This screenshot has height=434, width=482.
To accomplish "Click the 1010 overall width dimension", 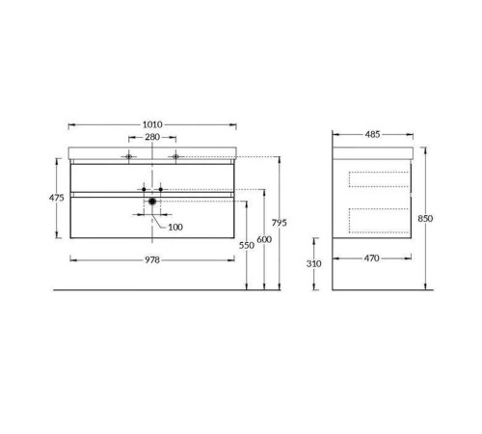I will coord(152,124).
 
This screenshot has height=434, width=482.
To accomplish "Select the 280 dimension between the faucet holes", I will coord(152,137).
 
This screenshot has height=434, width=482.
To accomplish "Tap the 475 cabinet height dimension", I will coord(57,198).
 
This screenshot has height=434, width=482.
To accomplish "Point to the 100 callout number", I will coord(175,227).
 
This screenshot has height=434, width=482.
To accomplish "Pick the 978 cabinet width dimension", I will coord(152,259).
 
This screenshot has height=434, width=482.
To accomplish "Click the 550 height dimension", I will coord(247,245).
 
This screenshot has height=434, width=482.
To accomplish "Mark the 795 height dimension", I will coord(279,223).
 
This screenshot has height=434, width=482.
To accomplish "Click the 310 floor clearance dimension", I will coord(314,262).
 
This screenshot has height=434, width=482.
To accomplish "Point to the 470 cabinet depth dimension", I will coord(372,259).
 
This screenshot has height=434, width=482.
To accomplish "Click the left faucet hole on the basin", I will coord(128,155).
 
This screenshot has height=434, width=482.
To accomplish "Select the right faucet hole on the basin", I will coord(175,155).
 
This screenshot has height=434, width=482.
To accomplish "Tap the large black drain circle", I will coord(151,202).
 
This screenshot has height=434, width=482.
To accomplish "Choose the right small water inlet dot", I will coord(161,189).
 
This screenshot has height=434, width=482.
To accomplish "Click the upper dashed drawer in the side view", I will coord(377,177).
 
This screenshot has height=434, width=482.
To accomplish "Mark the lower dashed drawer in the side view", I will coord(377,220).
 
